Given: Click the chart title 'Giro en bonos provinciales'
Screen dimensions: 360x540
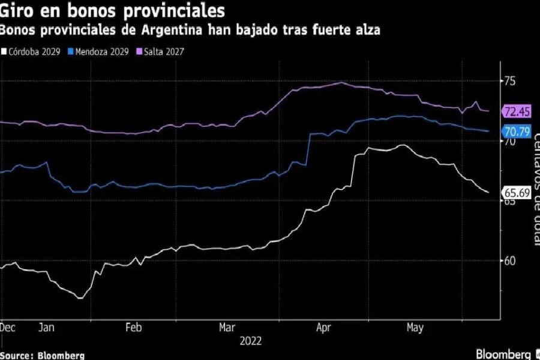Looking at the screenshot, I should [113, 11].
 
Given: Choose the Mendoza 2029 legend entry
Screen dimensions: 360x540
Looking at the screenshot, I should [103, 51].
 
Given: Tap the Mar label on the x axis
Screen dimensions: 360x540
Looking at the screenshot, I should [227, 328].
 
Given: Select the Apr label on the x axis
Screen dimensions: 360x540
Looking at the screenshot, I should [324, 328].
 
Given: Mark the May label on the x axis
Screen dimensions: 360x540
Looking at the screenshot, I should [415, 328].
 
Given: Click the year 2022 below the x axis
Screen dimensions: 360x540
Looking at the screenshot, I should [250, 341].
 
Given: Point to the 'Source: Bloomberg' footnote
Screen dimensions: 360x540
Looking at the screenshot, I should [42, 355].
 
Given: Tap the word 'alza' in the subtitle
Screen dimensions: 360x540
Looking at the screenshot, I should [367, 30].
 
